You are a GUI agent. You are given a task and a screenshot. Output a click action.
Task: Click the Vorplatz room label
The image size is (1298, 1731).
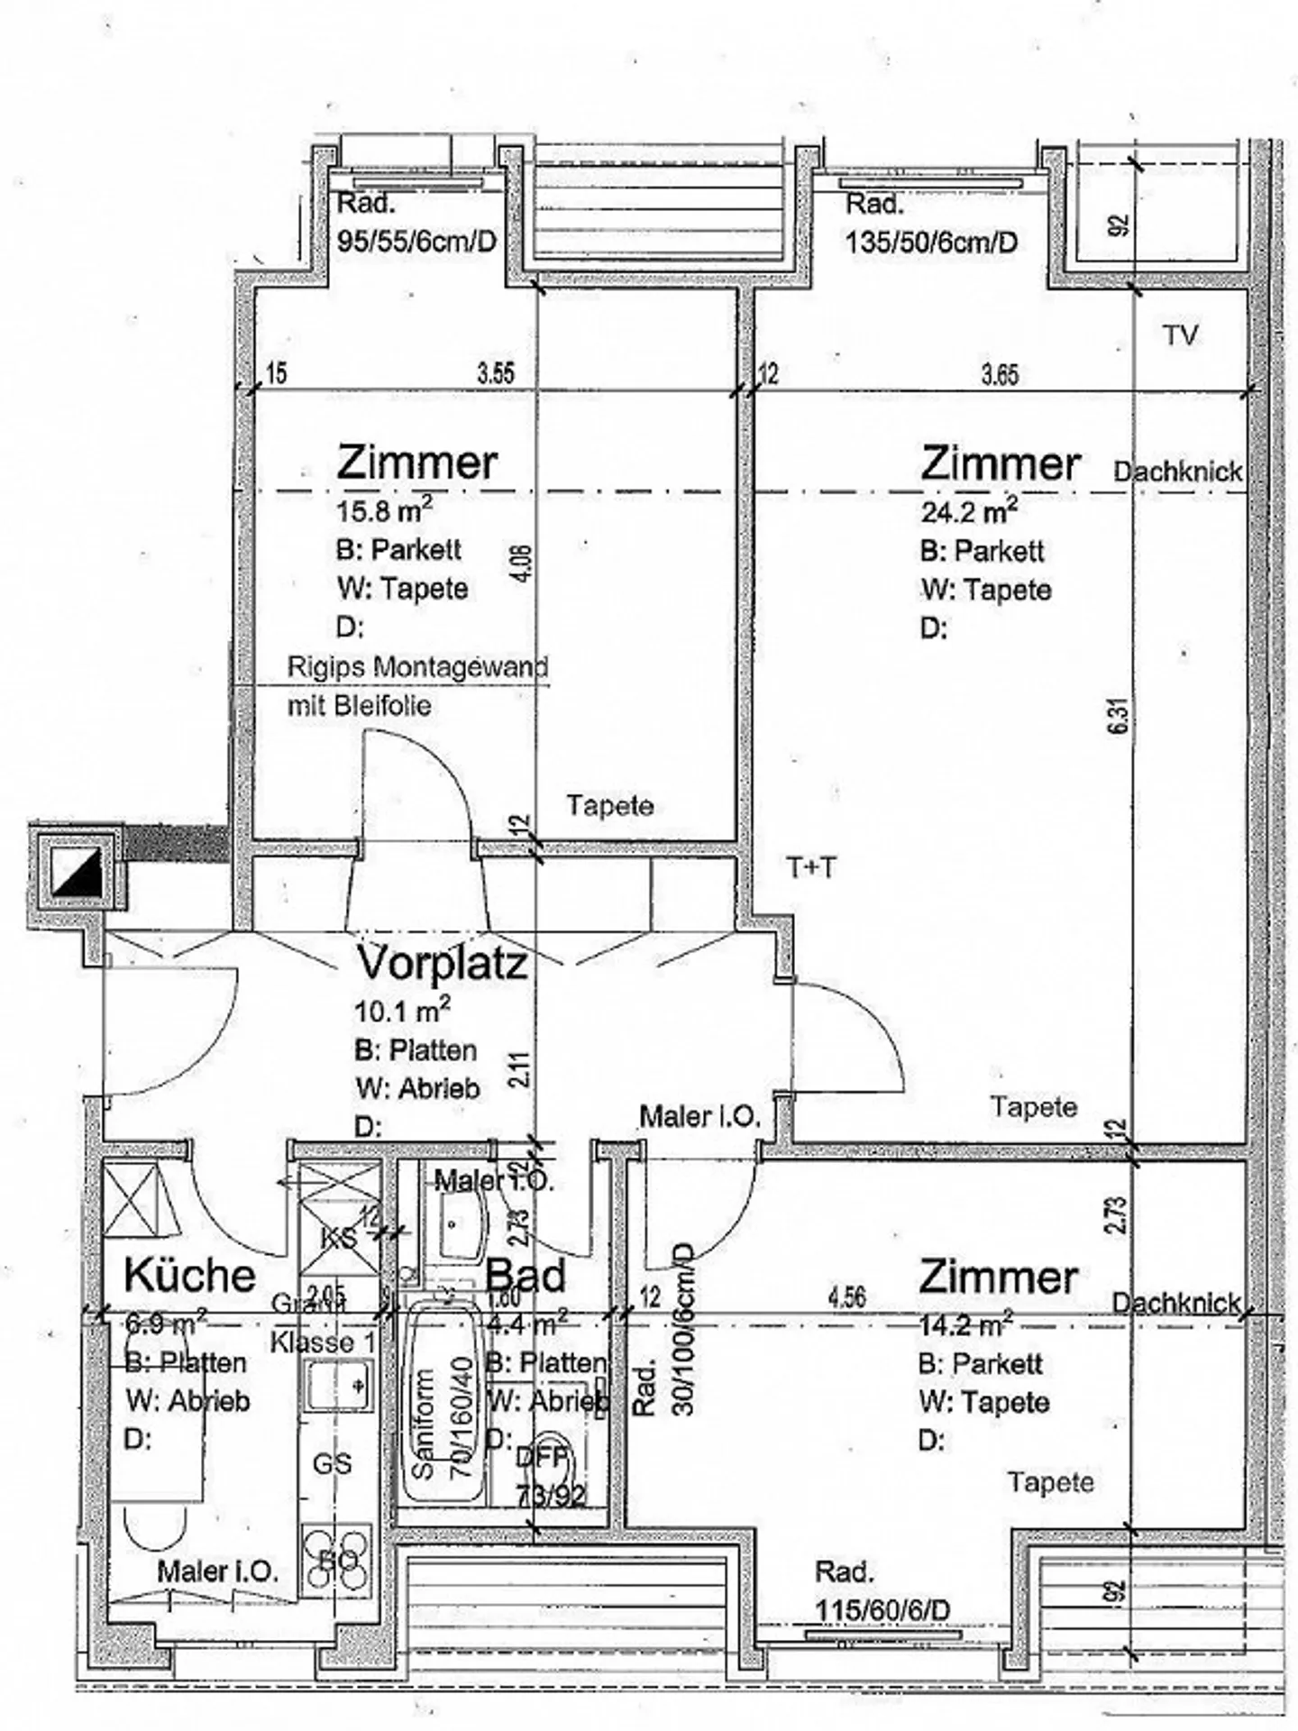tap(443, 963)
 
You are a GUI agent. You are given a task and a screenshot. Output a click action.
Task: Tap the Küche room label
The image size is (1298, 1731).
tap(190, 1275)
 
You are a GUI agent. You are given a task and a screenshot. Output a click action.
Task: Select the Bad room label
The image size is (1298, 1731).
tap(526, 1276)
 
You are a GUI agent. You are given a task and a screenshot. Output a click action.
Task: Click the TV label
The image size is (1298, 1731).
tap(1180, 336)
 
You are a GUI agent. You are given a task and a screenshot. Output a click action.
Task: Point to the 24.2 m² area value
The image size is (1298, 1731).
tap(969, 512)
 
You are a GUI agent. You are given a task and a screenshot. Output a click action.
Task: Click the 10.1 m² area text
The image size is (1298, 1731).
tap(403, 1011)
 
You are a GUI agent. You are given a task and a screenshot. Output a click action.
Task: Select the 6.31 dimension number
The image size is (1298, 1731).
tap(1120, 718)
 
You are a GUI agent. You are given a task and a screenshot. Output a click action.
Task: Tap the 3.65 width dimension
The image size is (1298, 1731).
tap(1000, 374)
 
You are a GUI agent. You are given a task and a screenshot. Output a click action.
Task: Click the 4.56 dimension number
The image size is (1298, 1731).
tap(846, 1297)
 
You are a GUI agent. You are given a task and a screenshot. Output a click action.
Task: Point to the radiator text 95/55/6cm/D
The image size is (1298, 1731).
tap(416, 241)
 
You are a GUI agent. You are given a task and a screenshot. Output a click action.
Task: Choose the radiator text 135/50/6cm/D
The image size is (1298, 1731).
tap(931, 242)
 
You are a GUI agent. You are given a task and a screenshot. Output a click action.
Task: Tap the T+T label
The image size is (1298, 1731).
tap(811, 868)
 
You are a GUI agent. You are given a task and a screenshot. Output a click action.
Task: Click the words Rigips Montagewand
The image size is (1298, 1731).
tap(417, 668)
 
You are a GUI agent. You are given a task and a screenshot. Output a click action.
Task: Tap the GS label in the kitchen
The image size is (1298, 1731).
tap(332, 1464)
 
